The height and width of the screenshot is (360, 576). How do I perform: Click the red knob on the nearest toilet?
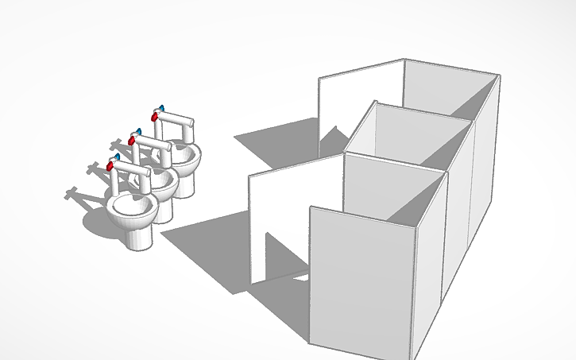coord(110,166)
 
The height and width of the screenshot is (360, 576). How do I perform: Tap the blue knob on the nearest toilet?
coord(117,157)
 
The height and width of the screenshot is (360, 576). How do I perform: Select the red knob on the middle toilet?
coord(133,140)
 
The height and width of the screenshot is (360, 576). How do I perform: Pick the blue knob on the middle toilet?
coord(139,131)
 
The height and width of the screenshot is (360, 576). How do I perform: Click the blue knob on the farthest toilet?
coord(161,107)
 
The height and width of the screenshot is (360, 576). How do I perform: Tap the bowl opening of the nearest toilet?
coord(130,207)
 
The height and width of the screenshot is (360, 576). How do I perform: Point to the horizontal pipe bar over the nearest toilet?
coord(132,169)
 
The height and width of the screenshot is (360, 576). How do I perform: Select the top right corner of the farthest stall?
coord(500,76)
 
